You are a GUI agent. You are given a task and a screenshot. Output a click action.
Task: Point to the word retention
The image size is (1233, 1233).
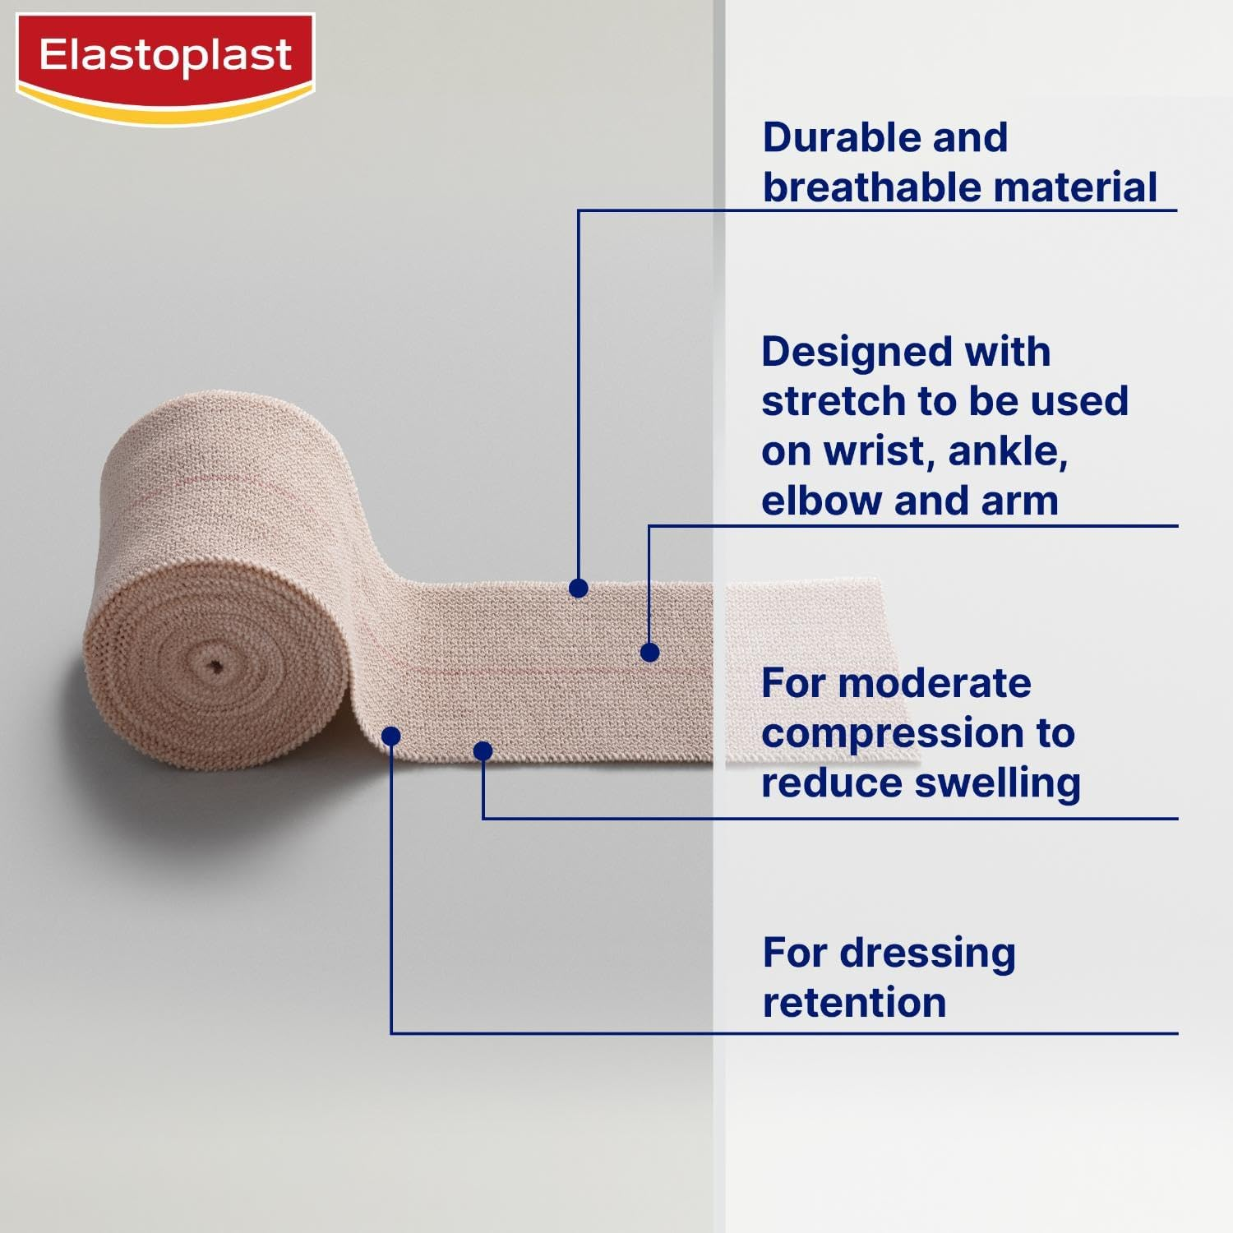point(854,1003)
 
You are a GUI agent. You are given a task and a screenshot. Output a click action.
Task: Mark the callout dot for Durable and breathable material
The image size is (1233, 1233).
point(579,588)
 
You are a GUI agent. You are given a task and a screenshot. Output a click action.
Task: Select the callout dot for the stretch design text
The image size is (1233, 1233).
point(649,653)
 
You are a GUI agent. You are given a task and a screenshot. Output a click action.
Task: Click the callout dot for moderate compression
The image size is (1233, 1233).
point(483,750)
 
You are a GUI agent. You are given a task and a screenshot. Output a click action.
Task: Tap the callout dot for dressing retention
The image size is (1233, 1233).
point(391,736)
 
